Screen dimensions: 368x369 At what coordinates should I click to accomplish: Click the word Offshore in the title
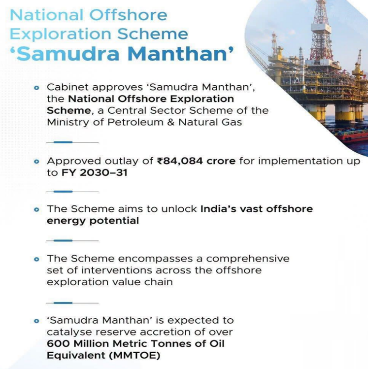click(x=128, y=15)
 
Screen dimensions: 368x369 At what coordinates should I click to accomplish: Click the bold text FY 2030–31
click(x=95, y=173)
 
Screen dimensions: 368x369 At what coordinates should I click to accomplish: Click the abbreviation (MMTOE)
click(x=134, y=356)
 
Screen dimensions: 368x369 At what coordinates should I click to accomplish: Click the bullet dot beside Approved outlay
click(x=36, y=162)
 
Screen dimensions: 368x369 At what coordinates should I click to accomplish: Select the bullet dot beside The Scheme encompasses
click(x=36, y=259)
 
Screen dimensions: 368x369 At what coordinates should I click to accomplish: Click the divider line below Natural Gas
click(x=72, y=142)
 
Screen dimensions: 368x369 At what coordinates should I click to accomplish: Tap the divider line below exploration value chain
click(x=72, y=303)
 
